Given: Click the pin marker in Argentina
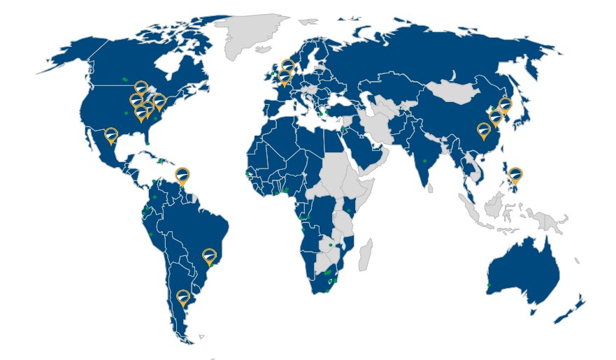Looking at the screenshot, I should [x=183, y=298].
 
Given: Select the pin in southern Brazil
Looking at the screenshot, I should [x=209, y=256].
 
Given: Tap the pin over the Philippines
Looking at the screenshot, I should [x=515, y=174].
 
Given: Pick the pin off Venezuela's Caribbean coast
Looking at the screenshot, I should [x=182, y=174].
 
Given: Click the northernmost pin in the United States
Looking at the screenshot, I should [x=141, y=87].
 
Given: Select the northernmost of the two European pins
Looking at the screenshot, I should [x=287, y=66].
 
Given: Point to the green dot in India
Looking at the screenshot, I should [x=424, y=161].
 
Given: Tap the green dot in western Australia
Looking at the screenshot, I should [x=489, y=285].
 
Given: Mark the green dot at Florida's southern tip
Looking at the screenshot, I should [x=148, y=143].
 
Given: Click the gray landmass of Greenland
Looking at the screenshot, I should [x=252, y=35].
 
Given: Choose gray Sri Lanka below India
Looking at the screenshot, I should [x=431, y=187].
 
